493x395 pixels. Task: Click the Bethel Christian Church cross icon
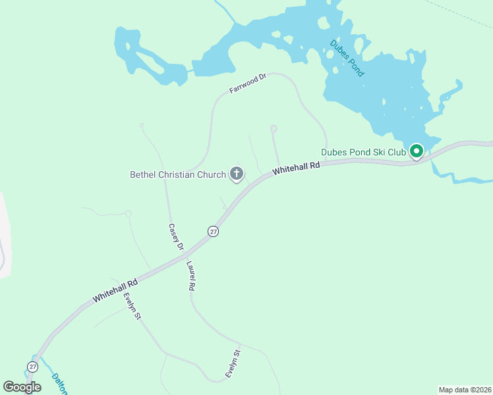(x=236, y=174)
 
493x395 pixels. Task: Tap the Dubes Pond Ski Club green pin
(x=417, y=152)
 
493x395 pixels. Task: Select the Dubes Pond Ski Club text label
(x=363, y=152)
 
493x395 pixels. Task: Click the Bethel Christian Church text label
(x=177, y=174)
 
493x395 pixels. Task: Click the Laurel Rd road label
(x=191, y=276)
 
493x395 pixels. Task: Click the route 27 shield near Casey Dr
(x=212, y=231)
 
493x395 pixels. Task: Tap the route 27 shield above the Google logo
(x=32, y=366)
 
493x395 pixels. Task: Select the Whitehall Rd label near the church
(x=296, y=169)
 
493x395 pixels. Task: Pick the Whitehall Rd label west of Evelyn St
(x=115, y=290)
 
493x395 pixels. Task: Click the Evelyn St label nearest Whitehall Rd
(x=132, y=306)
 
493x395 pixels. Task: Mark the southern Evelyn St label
(x=233, y=363)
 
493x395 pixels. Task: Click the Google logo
(x=22, y=387)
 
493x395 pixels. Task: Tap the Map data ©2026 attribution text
(x=465, y=390)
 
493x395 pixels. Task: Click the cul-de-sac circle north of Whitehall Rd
(x=274, y=128)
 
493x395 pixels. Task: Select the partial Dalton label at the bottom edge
(x=60, y=384)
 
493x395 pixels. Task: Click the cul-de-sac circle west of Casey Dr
(x=128, y=213)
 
